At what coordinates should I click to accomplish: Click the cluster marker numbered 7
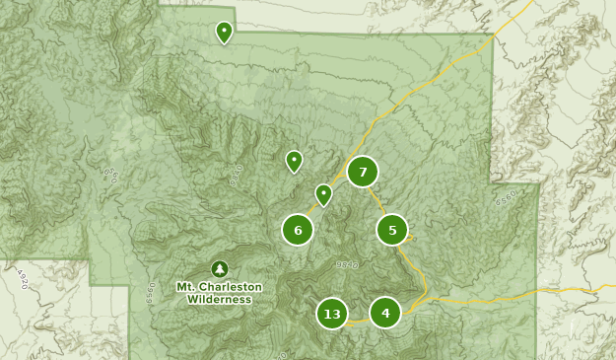click(363, 172)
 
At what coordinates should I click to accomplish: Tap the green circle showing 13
click(332, 314)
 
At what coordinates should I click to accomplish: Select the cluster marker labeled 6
click(298, 230)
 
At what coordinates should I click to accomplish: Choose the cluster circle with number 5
click(392, 230)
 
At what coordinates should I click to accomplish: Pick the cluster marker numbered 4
click(385, 313)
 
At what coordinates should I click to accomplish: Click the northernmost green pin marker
click(225, 33)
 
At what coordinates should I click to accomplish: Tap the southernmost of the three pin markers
click(323, 194)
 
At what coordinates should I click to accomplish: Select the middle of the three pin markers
click(294, 161)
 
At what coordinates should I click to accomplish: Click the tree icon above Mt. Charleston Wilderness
click(219, 268)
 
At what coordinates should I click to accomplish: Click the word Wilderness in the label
click(219, 299)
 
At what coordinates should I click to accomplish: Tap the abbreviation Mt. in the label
click(185, 287)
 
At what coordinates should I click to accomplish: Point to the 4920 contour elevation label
click(22, 279)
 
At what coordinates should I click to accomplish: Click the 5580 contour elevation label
click(506, 198)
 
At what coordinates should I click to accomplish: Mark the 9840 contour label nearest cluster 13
click(347, 264)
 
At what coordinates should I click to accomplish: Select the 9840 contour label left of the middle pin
click(236, 175)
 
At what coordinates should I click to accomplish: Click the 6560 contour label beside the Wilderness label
click(152, 294)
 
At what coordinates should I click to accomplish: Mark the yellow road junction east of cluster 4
click(427, 297)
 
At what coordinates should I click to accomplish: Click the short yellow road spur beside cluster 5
click(410, 237)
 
